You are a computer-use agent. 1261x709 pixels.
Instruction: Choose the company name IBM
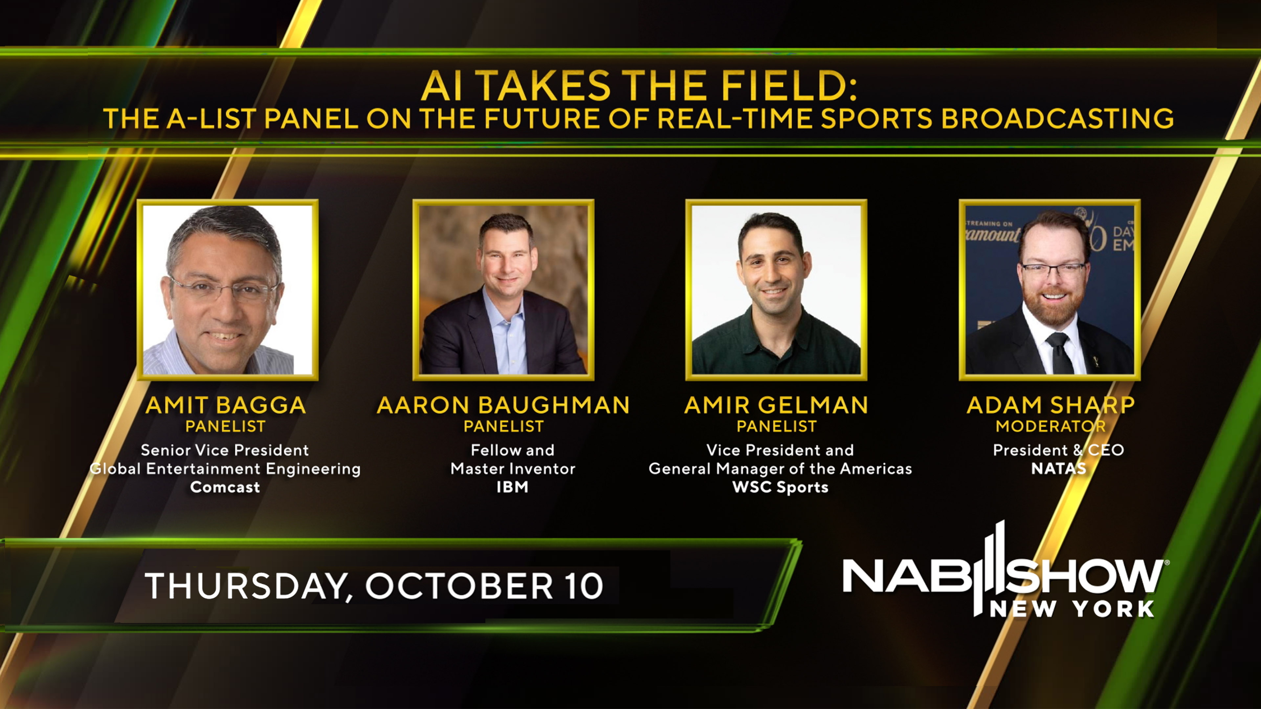[513, 487]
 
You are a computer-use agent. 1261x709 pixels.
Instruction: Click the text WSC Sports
[780, 487]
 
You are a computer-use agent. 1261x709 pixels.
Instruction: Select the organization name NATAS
[1058, 469]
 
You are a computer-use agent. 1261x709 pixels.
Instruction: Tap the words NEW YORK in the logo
[1072, 610]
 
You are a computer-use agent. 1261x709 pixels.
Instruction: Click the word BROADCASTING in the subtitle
[1057, 119]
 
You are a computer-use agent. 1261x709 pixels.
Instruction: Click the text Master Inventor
[513, 469]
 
